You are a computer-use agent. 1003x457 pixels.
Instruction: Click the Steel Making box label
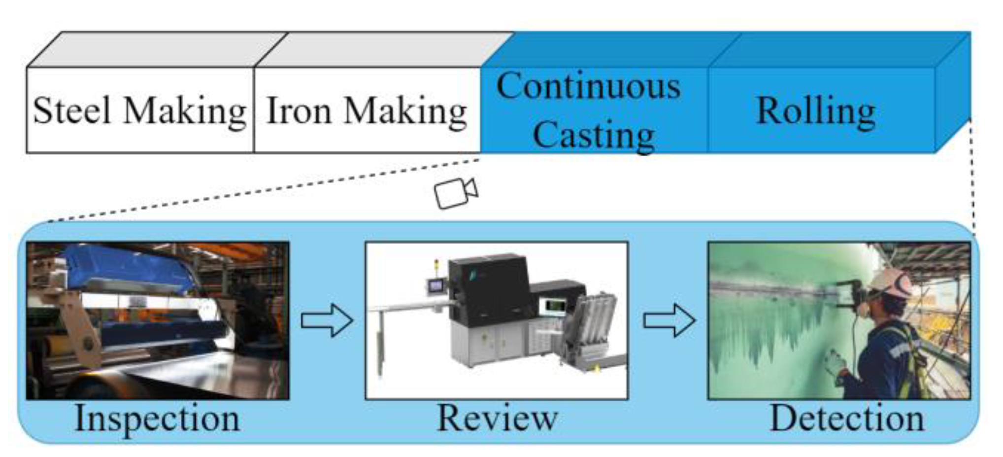(139, 110)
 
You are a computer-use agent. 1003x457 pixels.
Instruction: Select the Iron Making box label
(367, 110)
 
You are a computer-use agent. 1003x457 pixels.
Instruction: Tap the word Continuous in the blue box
(588, 87)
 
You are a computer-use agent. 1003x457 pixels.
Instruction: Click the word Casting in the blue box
(593, 134)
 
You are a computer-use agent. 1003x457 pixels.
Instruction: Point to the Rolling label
(816, 110)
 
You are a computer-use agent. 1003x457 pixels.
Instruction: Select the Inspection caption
(157, 419)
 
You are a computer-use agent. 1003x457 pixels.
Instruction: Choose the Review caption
(497, 419)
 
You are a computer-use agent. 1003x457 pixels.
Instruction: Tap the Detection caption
(846, 419)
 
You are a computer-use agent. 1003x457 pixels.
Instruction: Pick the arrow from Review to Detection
(669, 320)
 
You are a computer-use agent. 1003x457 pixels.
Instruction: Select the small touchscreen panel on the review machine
(435, 285)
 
